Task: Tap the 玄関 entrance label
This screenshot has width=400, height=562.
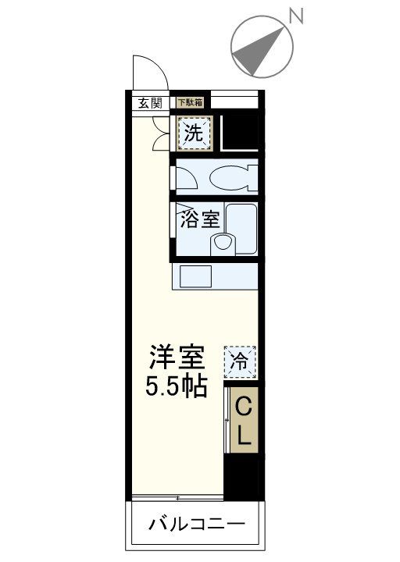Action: (151, 102)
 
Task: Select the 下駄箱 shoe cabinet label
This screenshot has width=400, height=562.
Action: (188, 101)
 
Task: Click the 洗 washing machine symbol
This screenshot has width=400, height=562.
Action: (194, 133)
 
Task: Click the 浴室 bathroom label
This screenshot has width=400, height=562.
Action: (198, 219)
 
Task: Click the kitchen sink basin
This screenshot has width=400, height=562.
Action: (195, 277)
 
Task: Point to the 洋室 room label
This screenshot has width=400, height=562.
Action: (178, 358)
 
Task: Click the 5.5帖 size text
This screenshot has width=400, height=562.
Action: (178, 386)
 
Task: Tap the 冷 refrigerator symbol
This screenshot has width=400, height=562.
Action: (241, 361)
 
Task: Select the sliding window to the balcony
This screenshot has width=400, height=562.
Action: (177, 496)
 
